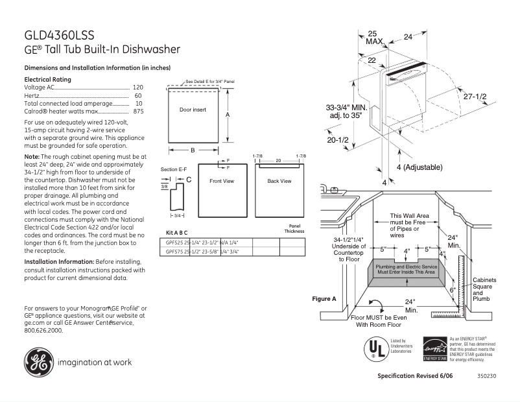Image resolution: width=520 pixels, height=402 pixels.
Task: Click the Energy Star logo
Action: pos(434,349)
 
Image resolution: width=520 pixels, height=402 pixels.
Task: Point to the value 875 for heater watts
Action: pos(138,112)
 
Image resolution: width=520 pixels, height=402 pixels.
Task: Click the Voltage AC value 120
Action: pos(137,87)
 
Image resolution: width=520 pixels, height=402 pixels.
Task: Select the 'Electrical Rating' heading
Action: pos(47,79)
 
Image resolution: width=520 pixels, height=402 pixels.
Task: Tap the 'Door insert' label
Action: pos(193,110)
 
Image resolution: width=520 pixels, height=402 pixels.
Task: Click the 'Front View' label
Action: pos(221,181)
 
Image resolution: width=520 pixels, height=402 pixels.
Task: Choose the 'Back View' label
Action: pos(279,181)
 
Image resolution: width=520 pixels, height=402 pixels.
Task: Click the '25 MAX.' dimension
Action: pos(373,37)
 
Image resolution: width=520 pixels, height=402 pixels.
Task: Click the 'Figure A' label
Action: pos(324,299)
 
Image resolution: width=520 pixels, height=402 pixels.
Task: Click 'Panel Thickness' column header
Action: pos(294,229)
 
